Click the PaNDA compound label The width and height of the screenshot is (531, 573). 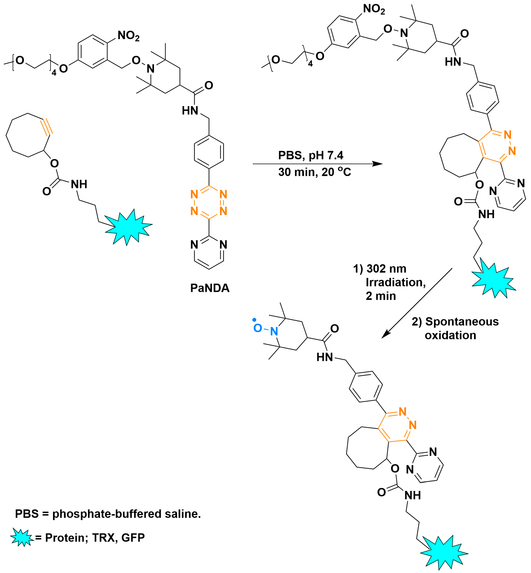coord(210,288)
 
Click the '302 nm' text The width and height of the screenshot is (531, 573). coord(386,269)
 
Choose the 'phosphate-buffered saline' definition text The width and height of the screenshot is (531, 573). coord(126,514)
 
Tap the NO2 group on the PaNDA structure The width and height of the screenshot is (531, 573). coord(128,36)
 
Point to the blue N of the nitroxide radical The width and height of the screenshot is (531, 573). coord(274,331)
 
